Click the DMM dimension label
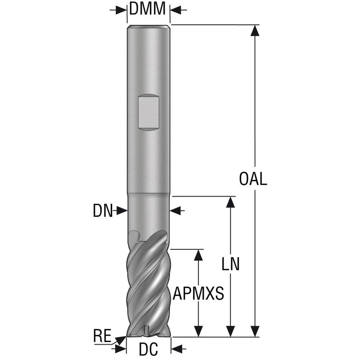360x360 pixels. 148,8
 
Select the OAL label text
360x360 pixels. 253,179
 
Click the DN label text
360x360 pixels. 102,211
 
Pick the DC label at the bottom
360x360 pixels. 148,348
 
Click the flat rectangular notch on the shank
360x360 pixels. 148,112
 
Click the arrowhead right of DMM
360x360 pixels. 175,9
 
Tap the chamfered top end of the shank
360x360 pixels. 148,27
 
